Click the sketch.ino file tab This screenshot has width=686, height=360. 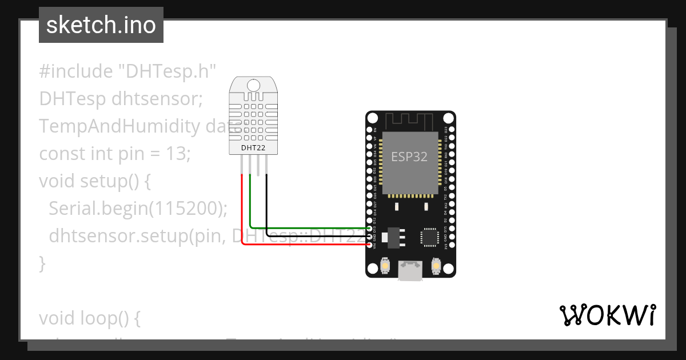tap(101, 25)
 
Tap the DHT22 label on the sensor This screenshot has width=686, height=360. tap(253, 147)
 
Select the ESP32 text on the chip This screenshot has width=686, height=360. tap(409, 157)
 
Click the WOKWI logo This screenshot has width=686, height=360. tap(607, 315)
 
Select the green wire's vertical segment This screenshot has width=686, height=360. tap(250, 200)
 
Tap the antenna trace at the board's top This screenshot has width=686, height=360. tap(410, 121)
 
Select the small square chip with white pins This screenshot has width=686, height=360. tap(429, 237)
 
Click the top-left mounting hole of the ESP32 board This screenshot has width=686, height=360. tap(373, 118)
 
